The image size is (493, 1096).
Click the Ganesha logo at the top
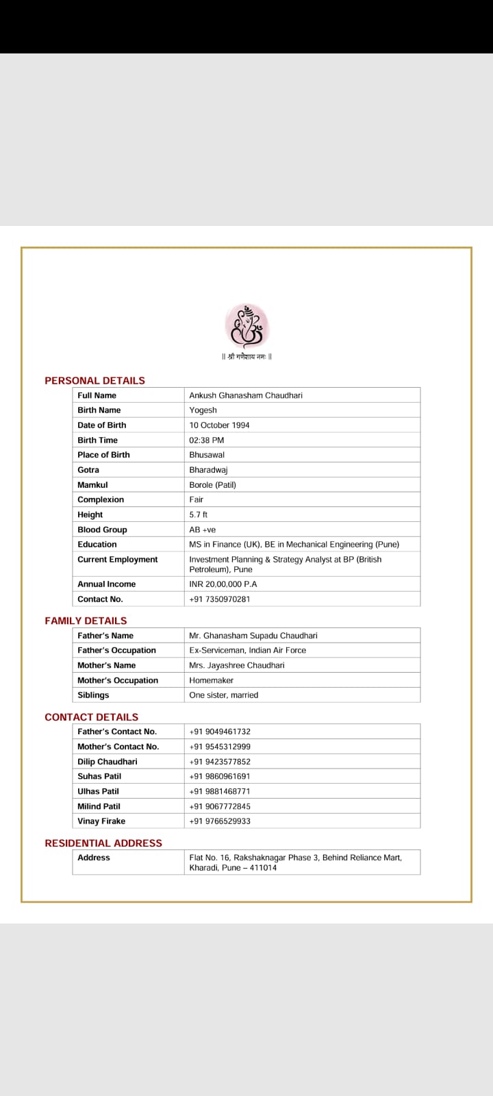click(247, 325)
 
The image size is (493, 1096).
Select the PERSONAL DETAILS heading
click(94, 380)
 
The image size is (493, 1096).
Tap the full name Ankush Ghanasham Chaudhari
click(246, 395)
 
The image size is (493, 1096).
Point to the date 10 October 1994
click(219, 425)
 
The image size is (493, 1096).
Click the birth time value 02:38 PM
click(207, 440)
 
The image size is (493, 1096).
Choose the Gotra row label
click(88, 470)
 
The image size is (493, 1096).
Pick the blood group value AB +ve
click(203, 530)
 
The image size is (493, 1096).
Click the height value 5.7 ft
click(199, 514)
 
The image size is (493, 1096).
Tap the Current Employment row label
click(118, 560)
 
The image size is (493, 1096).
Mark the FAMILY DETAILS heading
click(86, 621)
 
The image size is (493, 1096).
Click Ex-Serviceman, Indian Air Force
click(248, 650)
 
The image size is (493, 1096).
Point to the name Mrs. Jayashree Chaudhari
click(237, 665)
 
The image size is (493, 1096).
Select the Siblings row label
click(93, 695)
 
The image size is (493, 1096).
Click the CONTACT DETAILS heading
click(91, 717)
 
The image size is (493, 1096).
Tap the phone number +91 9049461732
click(220, 732)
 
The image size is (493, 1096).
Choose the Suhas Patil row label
click(99, 776)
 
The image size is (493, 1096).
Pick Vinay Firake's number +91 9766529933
click(220, 821)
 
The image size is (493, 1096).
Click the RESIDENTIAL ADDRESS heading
click(103, 843)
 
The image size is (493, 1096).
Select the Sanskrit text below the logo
click(247, 356)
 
